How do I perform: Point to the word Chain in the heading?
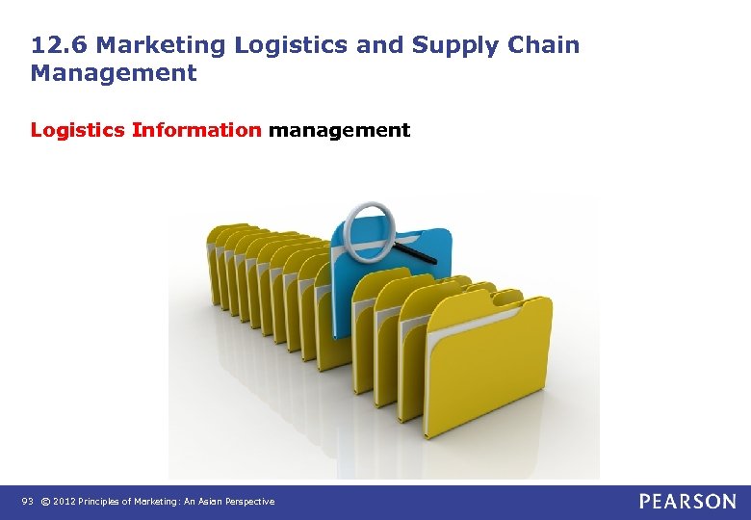[x=545, y=45]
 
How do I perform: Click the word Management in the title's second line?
[x=114, y=73]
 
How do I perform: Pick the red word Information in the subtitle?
[x=196, y=130]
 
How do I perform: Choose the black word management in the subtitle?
[x=339, y=130]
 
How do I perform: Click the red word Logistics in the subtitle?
[x=78, y=130]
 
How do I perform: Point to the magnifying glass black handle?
[x=416, y=255]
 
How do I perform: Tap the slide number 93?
[x=27, y=502]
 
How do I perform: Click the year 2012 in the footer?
[x=65, y=502]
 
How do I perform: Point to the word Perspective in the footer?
[x=253, y=502]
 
